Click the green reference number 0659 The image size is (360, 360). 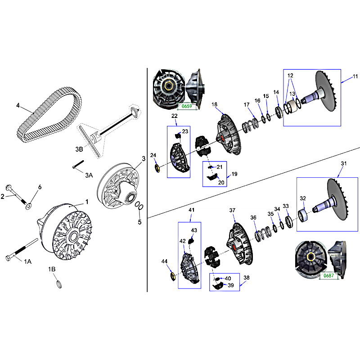[x=187, y=106]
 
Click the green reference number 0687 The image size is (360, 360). [x=328, y=275]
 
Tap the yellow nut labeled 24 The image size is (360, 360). [x=157, y=168]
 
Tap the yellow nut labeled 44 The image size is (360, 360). [x=173, y=276]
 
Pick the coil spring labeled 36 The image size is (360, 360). [x=263, y=234]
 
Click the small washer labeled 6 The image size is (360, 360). [x=29, y=207]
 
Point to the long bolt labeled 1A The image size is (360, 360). [x=21, y=250]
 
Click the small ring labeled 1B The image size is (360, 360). [x=59, y=284]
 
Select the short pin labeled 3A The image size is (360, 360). [x=78, y=164]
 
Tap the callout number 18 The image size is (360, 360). [x=214, y=104]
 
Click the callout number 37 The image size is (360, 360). [x=232, y=210]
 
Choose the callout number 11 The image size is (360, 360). [x=355, y=76]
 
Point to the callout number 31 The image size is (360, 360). [x=343, y=163]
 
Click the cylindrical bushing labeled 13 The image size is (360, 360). [x=292, y=106]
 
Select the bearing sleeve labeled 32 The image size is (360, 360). [x=303, y=216]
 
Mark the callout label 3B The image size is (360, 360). [x=79, y=149]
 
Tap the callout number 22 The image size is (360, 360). [x=175, y=116]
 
